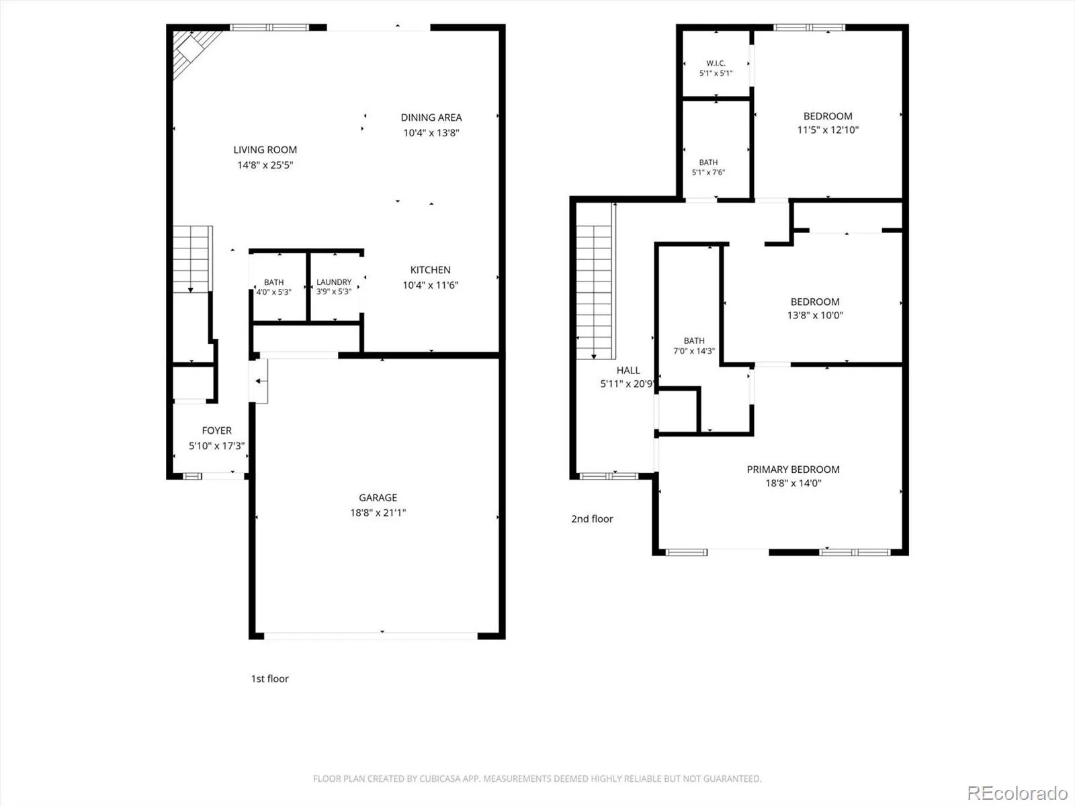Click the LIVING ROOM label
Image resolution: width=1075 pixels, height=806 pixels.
coord(265,150)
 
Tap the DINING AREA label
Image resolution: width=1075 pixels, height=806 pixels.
coord(431,118)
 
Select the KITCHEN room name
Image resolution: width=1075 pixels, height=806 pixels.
coord(430,269)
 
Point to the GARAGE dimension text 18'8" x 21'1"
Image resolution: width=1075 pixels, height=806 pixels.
coord(378,512)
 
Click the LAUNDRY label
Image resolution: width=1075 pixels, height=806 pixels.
coord(333,282)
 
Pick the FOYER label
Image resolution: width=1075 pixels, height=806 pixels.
coord(216,430)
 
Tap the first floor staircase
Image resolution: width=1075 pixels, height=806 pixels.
coord(192,259)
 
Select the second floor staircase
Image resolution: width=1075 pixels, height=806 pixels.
coord(595,292)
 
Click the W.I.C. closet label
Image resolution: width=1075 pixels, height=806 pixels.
coord(716,63)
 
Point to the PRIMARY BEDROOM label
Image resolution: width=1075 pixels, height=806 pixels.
coord(793,469)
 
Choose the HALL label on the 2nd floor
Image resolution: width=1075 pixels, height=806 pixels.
coord(628,371)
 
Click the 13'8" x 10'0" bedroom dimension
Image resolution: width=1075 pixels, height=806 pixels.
coord(815,315)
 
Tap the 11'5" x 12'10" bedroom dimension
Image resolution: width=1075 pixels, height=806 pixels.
coord(828,130)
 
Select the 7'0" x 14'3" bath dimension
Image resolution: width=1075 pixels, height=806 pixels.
coord(694,351)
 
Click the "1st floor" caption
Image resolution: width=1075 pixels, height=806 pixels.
coord(269,678)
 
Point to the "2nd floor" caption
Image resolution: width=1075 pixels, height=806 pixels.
coord(592,519)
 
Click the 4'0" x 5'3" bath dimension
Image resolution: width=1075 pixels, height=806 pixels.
coord(273,292)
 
